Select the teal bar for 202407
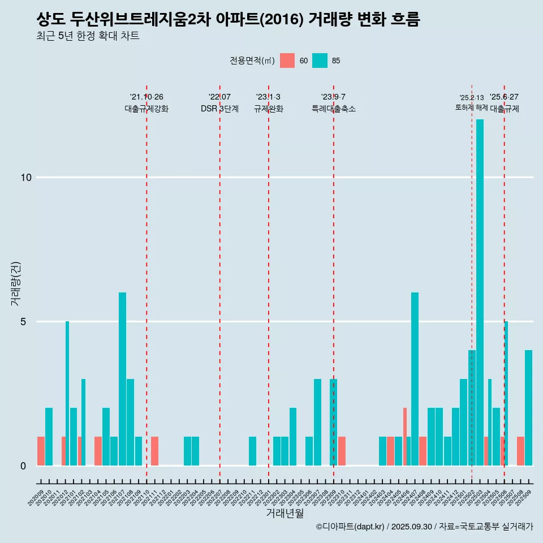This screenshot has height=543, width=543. [415, 379]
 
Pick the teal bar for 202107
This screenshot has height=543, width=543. [122, 379]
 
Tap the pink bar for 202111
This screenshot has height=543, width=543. [154, 451]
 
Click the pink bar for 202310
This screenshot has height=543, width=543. [342, 451]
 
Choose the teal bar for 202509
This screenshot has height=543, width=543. [528, 407]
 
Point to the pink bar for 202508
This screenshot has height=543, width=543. [520, 451]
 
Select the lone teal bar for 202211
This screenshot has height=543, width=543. [252, 451]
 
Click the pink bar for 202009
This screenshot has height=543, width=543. [41, 451]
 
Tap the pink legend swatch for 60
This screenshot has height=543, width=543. [287, 61]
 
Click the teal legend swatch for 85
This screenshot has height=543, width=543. [320, 61]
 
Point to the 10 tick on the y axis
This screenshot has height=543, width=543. [25, 178]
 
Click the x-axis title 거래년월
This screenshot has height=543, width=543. [285, 514]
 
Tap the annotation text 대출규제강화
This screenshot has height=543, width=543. [146, 109]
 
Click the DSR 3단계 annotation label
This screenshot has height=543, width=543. [219, 109]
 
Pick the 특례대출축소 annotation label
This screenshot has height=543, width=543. [334, 109]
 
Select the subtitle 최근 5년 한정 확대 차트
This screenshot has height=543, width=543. [88, 36]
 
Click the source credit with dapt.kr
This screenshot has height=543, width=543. [424, 527]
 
